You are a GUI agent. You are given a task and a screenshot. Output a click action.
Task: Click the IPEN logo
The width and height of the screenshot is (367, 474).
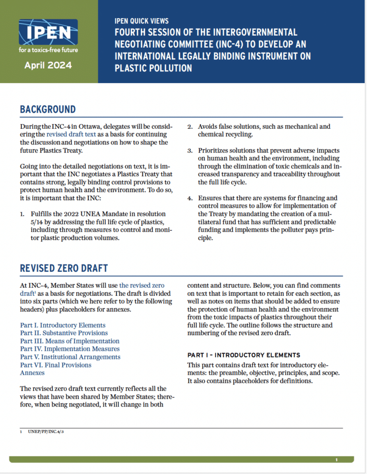48,32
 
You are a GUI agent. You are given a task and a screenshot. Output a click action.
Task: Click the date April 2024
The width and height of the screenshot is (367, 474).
48,65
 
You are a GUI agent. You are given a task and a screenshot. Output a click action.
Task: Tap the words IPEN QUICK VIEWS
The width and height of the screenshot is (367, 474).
142,21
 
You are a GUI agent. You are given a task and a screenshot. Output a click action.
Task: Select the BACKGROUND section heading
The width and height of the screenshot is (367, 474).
48,109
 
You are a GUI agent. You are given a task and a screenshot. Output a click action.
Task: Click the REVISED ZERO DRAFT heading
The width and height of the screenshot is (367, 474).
63,268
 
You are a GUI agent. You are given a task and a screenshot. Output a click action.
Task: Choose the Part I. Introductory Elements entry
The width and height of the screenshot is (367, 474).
56,325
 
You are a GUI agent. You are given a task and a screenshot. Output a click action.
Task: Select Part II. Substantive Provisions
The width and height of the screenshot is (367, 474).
64,333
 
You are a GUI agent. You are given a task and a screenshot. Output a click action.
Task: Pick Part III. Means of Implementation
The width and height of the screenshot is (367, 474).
69,341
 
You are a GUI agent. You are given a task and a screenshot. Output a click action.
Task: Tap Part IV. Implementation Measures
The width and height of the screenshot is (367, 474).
69,349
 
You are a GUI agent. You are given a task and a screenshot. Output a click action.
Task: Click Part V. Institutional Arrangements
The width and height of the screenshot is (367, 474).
70,357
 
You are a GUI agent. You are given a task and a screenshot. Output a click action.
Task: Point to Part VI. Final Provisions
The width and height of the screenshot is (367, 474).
56,365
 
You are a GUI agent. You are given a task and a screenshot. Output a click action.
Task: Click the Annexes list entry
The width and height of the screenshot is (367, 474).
32,373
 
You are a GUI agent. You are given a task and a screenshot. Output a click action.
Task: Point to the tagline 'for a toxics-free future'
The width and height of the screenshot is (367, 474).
48,49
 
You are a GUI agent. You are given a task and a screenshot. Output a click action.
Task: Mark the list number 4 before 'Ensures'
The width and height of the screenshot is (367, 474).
189,198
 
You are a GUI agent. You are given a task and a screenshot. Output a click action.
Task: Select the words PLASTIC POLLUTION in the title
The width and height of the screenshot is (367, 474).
153,68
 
